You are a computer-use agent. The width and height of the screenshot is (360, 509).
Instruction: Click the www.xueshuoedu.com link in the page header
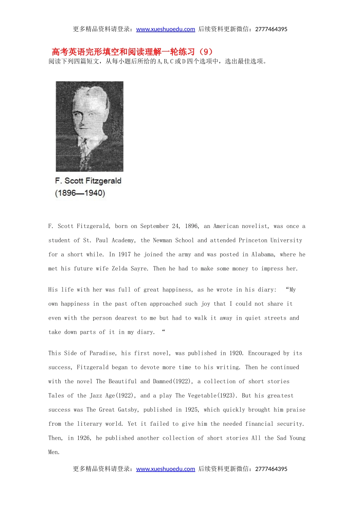click(166, 29)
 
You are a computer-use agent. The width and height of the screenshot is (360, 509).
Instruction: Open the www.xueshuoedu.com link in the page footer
click(166, 469)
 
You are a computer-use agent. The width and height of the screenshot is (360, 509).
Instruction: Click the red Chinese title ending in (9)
click(132, 52)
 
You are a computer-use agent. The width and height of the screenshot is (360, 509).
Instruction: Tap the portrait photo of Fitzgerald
click(89, 126)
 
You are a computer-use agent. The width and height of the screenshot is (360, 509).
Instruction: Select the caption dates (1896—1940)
click(80, 193)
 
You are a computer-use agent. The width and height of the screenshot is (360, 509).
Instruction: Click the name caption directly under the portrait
click(88, 181)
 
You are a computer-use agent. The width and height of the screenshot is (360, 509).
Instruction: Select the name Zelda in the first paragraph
click(119, 269)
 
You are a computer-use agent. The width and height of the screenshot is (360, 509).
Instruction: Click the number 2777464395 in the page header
click(271, 29)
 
